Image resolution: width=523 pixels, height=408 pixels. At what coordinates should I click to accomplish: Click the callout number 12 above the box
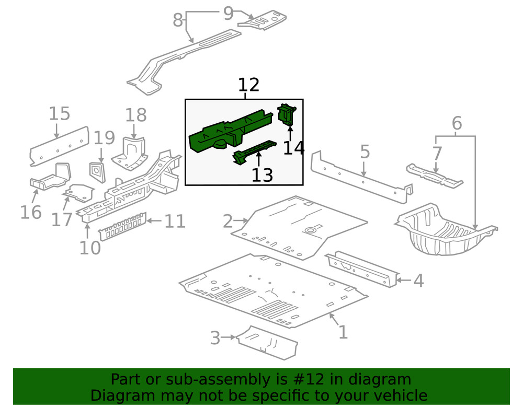[x=248, y=85]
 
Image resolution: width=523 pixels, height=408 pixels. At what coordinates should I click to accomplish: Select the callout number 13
[x=262, y=176]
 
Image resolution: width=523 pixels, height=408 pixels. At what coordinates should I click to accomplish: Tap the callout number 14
[x=293, y=148]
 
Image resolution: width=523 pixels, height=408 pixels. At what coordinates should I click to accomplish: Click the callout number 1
[x=343, y=332]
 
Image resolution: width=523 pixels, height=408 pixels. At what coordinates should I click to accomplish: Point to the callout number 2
[x=227, y=222]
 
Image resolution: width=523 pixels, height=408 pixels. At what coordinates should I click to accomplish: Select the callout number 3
[x=215, y=338]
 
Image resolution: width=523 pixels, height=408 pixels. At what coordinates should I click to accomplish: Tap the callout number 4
[x=418, y=281]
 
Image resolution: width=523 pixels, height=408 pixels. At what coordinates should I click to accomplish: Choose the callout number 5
[x=365, y=152]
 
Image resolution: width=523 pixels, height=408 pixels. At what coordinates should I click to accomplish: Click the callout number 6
[x=457, y=124]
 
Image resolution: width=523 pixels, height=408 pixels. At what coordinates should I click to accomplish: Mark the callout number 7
[x=437, y=154]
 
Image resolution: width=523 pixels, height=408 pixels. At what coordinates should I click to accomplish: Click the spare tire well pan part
[x=445, y=232]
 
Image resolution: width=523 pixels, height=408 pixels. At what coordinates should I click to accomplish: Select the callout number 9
[x=228, y=13]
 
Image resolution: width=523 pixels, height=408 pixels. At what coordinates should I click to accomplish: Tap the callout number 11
[x=175, y=222]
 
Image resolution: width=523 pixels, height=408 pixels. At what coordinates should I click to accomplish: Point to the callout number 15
[x=60, y=114]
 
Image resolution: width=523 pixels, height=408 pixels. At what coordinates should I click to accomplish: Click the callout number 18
[x=135, y=115]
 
